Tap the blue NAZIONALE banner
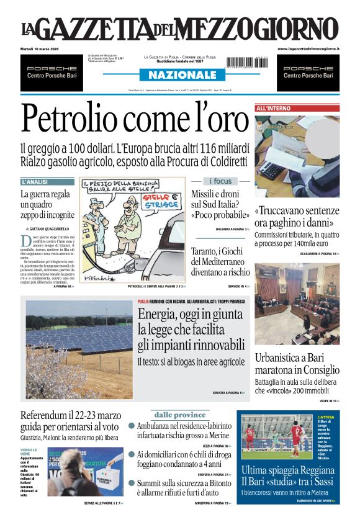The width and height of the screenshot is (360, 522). point(179,74)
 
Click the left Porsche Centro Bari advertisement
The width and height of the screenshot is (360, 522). point(52,72)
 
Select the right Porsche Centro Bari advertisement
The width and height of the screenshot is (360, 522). point(308,72)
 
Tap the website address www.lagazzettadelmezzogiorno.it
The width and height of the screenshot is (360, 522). point(308,48)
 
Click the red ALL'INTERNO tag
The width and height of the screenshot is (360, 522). point(274,108)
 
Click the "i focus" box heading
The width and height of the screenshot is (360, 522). point(220,181)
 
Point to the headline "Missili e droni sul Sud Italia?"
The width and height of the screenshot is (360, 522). point(220,204)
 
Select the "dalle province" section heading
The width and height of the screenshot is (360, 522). point(179,415)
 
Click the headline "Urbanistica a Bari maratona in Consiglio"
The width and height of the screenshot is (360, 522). point(297,364)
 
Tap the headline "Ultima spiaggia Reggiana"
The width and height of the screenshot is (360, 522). point(288,470)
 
